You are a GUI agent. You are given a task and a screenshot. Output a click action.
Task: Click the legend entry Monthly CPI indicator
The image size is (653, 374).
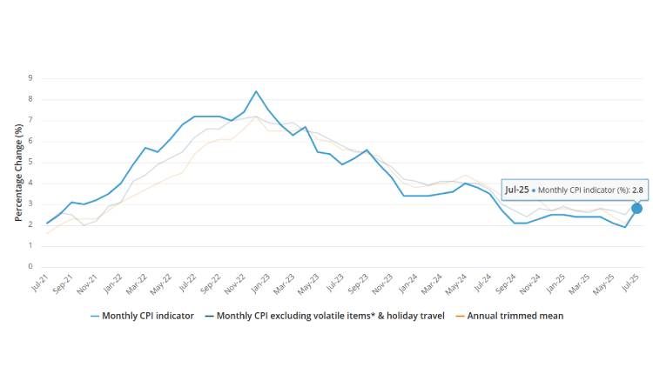[x=148, y=316]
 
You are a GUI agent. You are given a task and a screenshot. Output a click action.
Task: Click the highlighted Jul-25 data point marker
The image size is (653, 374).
[x=636, y=208]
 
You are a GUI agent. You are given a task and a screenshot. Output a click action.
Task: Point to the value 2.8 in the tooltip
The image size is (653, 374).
[x=636, y=189]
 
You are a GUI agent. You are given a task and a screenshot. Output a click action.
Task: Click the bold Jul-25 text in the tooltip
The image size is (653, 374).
[x=517, y=189]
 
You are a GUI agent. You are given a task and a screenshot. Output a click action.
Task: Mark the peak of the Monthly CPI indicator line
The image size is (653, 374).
[x=256, y=91]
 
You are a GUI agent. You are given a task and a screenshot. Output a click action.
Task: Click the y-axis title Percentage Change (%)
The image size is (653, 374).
[x=18, y=172]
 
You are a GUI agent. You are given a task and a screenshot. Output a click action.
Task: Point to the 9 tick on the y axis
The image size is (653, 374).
[x=30, y=77]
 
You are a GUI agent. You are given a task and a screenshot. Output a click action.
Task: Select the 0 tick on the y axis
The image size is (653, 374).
[x=30, y=267]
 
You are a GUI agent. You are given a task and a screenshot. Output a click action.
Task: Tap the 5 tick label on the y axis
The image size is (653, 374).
[x=30, y=162]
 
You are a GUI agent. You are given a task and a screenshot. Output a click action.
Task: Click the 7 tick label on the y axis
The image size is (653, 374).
[x=30, y=119]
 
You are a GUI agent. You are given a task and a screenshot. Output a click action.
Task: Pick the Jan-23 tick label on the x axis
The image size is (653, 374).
[x=259, y=284]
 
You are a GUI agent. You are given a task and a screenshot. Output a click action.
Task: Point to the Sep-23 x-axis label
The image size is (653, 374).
[x=357, y=284]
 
